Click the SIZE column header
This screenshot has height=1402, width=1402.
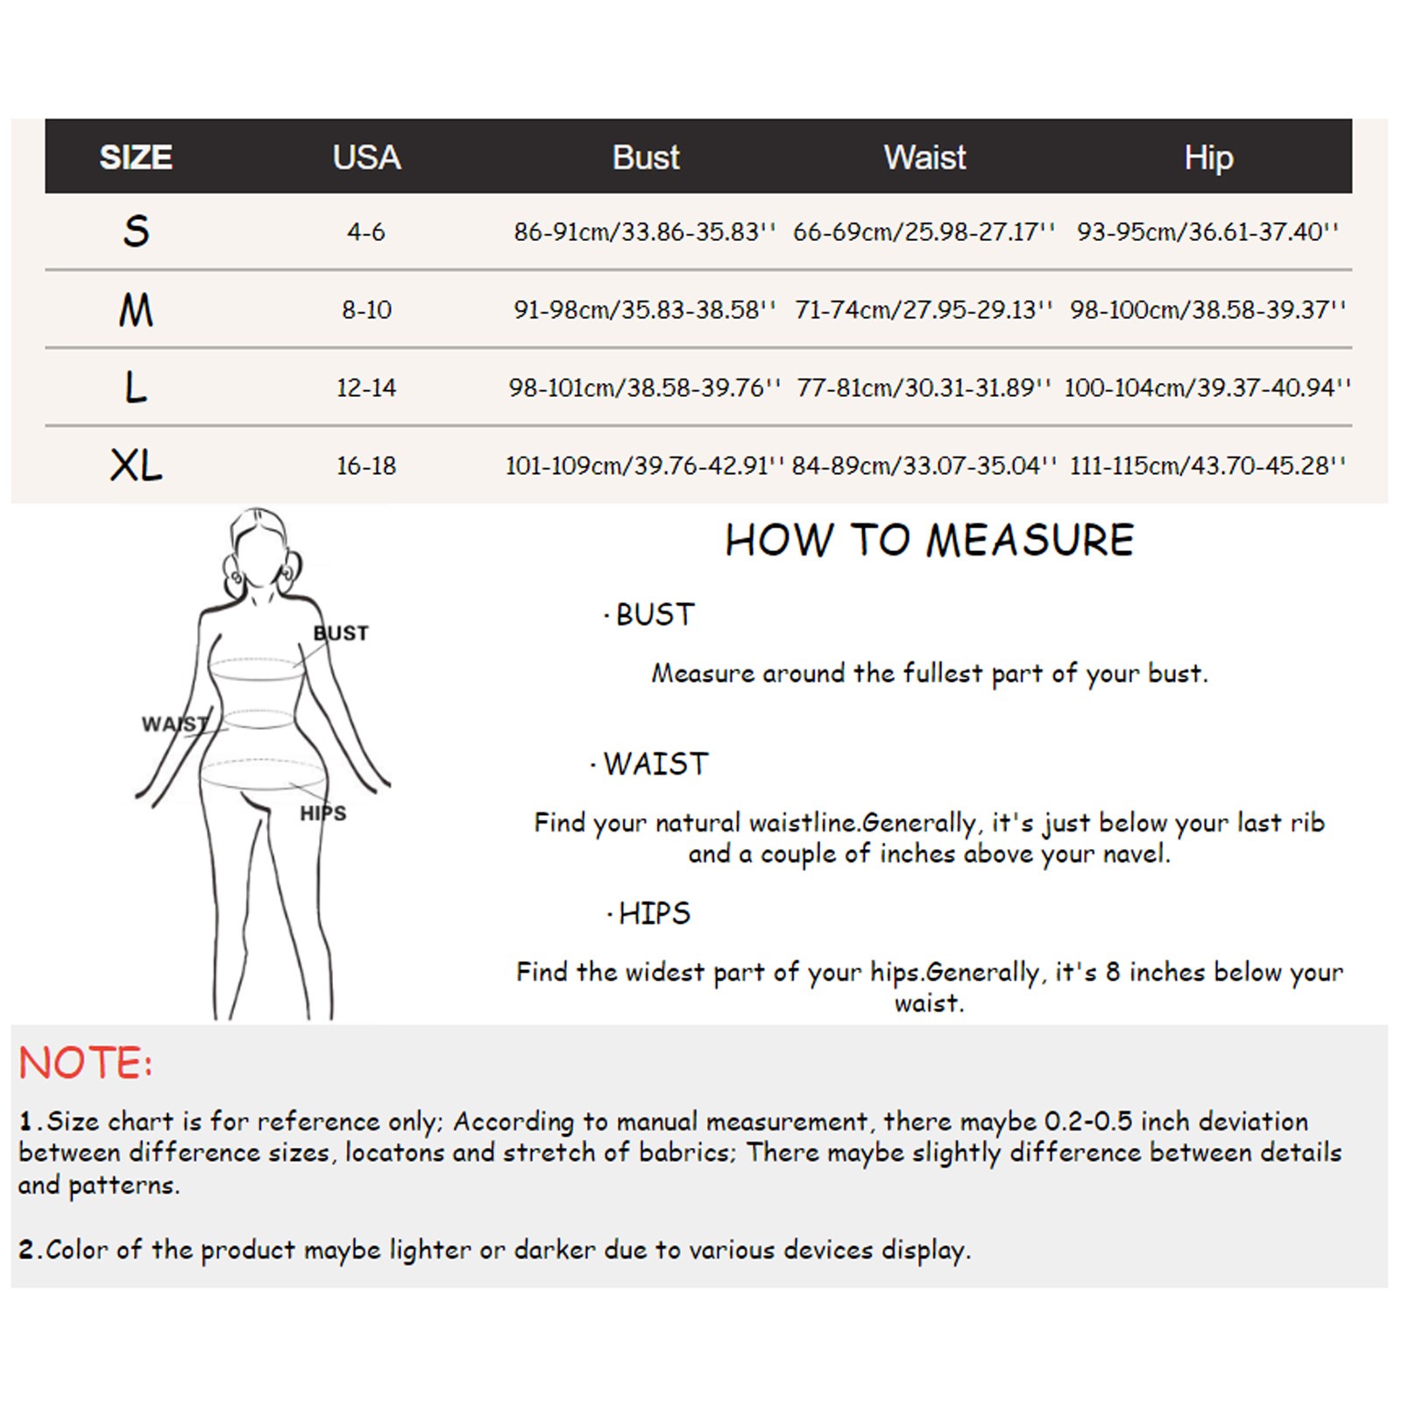point(136,158)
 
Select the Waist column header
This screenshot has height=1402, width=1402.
point(924,158)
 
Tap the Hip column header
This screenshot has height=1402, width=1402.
point(1208,158)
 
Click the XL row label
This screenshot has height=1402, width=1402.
point(136,465)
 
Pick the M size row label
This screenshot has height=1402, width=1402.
point(136,310)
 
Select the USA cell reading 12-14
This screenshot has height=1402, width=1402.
point(366,387)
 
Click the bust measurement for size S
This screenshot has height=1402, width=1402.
point(645,232)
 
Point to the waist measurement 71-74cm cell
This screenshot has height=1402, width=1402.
point(924,310)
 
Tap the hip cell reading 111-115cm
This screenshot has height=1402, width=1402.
point(1207,465)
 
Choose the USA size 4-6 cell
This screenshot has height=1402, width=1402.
point(366,232)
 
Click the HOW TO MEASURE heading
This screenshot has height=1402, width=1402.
point(929,540)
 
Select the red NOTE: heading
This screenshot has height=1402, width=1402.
point(85,1063)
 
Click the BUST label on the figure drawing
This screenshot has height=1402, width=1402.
point(341,633)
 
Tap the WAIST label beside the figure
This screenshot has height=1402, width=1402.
point(174,724)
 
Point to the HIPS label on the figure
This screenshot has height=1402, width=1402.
point(322,813)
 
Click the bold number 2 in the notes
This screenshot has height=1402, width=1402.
point(26,1250)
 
